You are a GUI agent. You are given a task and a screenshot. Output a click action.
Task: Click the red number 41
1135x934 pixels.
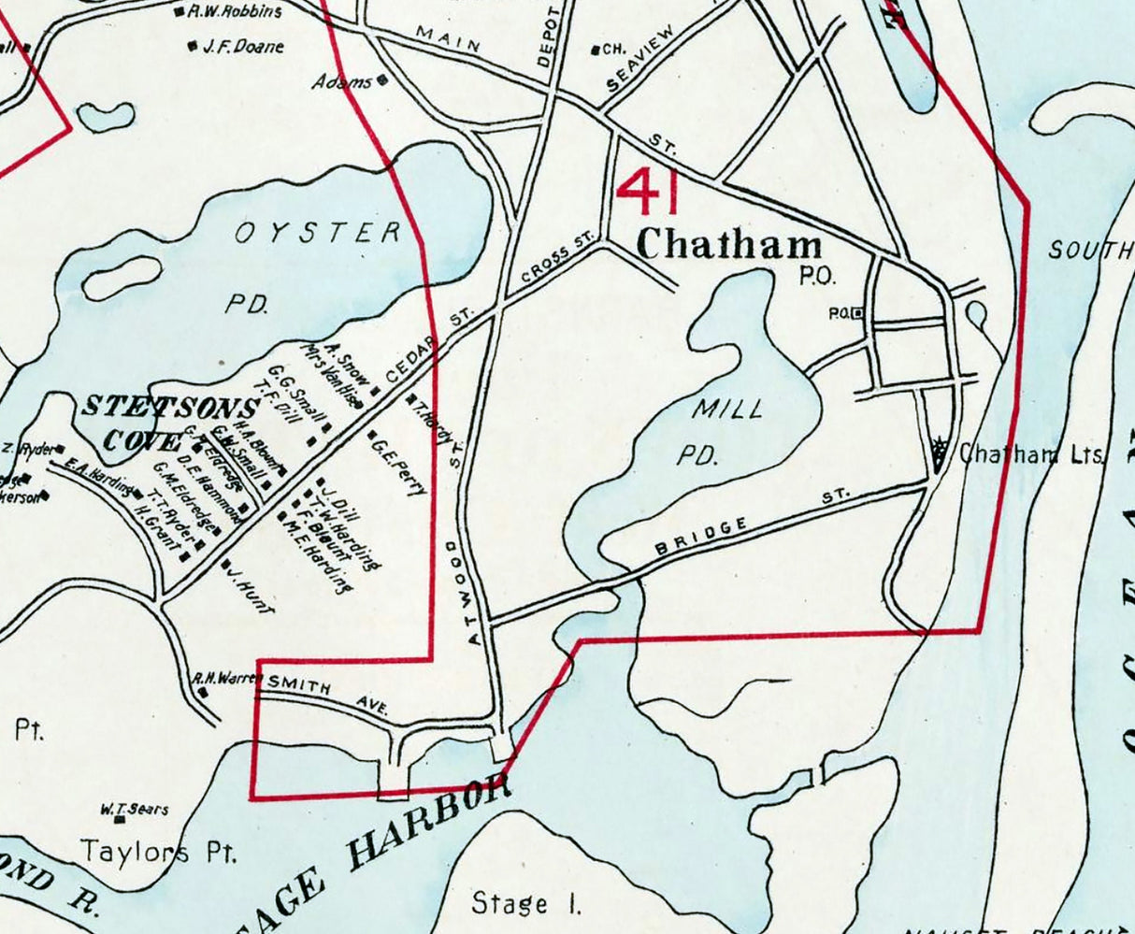(647, 191)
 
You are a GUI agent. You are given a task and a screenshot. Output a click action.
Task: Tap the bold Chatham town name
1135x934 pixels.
(729, 245)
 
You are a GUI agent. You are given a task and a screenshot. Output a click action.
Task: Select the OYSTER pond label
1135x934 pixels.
(318, 233)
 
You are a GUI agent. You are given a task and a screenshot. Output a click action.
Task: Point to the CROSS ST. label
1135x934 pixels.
(557, 261)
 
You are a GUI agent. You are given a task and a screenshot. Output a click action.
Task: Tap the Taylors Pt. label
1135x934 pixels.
(159, 852)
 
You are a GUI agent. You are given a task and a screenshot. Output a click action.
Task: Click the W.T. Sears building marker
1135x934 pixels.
(120, 820)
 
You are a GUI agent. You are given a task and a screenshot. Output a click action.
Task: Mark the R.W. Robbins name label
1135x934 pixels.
(234, 12)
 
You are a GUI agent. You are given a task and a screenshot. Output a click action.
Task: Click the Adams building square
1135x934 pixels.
(381, 81)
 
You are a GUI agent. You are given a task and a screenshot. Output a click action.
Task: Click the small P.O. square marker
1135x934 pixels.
(858, 312)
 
